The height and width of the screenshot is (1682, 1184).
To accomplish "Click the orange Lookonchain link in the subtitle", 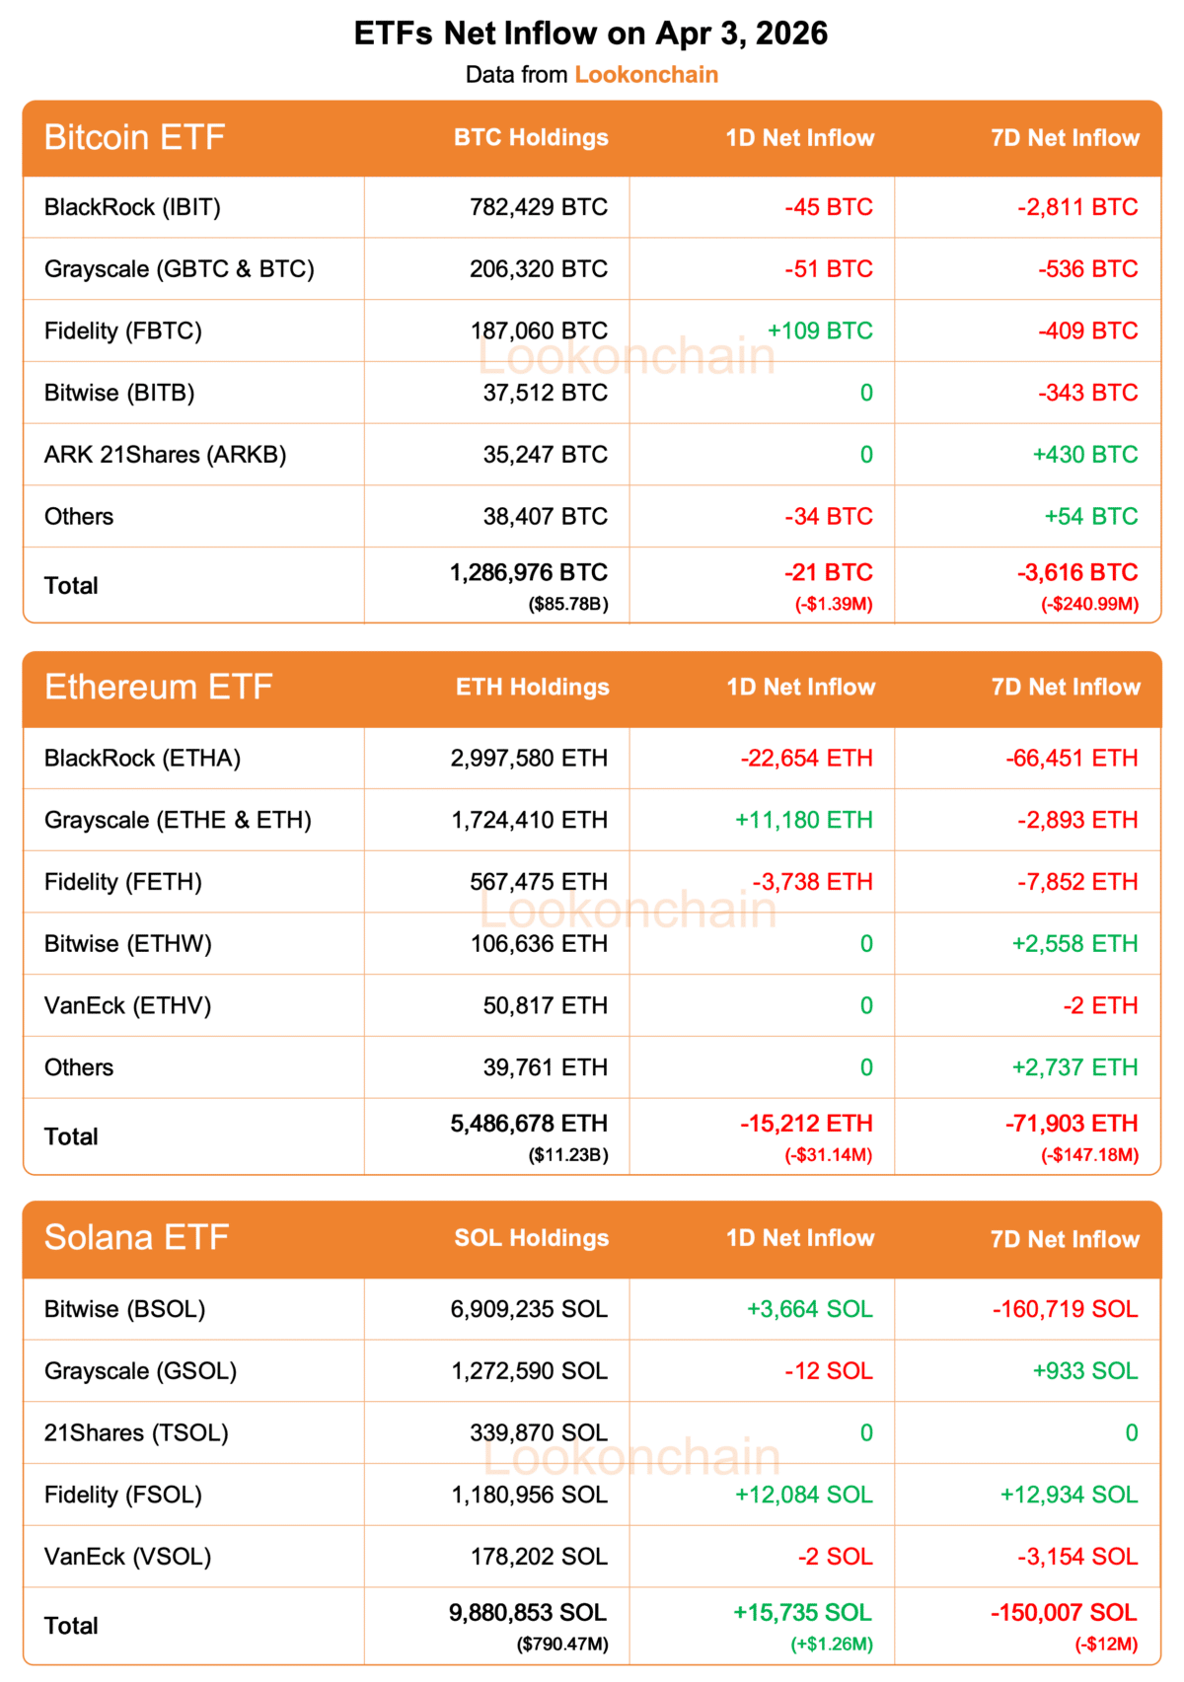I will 646,75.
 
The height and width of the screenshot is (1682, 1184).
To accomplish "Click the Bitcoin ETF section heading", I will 134,137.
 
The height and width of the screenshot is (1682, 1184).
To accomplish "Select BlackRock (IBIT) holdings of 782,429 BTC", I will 539,207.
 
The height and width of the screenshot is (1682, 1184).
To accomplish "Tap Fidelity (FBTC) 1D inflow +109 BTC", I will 820,330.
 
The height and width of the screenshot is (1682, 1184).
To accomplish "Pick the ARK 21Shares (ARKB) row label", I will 165,455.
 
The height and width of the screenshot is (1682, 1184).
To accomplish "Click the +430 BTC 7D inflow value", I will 1085,455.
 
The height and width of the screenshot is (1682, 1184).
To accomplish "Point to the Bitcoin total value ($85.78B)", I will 568,604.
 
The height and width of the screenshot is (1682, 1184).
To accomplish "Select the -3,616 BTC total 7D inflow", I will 1077,572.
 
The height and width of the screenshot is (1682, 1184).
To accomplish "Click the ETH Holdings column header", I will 532,688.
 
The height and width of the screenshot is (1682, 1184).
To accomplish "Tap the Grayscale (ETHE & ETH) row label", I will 178,820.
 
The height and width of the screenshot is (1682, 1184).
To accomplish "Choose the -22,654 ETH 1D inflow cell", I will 806,758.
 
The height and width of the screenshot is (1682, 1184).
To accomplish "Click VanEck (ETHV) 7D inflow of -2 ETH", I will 1100,1005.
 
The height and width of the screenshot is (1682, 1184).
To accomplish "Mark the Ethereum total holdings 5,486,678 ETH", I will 529,1124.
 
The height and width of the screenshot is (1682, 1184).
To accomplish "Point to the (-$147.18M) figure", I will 1089,1154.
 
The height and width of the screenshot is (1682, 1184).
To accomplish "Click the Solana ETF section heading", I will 136,1237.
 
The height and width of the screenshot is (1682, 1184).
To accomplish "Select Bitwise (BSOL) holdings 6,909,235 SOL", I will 529,1309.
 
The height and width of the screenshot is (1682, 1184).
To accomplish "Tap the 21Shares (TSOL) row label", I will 136,1432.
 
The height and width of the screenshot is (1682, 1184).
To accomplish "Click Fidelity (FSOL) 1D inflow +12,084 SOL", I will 803,1495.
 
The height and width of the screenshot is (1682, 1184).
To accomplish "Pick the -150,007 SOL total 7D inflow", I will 1064,1612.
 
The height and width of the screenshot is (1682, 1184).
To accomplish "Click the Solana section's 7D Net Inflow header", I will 1065,1239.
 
